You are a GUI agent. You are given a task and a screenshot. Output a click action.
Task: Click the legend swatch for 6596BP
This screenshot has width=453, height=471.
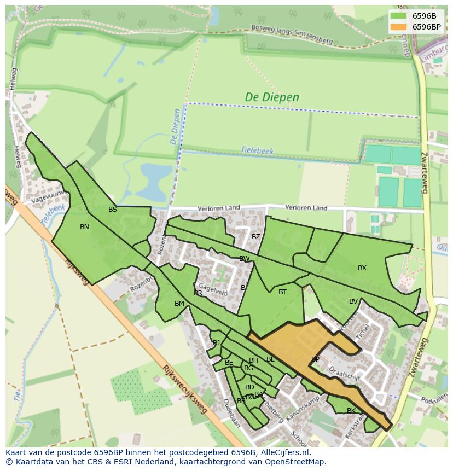398,27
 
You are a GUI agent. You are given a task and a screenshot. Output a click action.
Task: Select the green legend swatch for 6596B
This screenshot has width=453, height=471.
398,15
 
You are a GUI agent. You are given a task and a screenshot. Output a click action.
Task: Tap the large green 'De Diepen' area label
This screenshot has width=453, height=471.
272,97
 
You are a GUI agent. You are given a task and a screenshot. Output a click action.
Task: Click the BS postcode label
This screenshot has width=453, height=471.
113,210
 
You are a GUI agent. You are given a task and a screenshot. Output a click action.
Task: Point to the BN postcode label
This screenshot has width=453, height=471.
84,227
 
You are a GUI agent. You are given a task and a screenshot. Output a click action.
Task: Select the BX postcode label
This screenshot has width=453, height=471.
362,268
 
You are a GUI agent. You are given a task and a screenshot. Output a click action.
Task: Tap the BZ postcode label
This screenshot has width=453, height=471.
256,237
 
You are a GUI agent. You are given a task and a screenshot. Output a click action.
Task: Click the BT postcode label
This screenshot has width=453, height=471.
282,292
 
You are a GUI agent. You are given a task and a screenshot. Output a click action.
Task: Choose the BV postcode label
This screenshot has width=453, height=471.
353,301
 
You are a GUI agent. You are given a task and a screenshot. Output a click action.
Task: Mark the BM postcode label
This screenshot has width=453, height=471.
179,304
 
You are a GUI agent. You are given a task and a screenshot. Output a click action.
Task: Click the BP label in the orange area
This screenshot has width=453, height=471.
315,359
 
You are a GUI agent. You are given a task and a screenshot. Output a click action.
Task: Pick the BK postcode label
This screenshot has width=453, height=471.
351,411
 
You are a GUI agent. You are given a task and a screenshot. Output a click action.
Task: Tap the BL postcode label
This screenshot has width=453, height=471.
270,359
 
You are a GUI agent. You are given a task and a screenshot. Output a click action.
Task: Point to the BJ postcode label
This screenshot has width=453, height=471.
217,343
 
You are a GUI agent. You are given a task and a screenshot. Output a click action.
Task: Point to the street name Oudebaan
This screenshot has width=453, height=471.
231,413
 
